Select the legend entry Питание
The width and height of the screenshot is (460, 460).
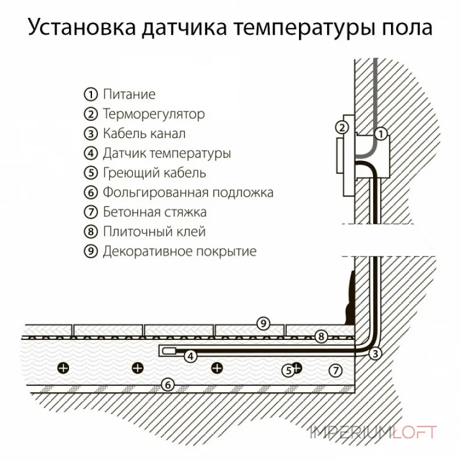[x=129, y=94]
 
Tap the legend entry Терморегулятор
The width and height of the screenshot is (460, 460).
[x=153, y=114]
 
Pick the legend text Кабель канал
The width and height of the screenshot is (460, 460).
[x=144, y=134]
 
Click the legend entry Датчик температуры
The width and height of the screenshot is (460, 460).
[x=167, y=154]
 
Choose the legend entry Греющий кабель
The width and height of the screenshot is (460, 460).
[x=154, y=172]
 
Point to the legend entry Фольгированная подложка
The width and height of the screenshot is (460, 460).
[x=187, y=192]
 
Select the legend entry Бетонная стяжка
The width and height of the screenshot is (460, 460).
[x=154, y=212]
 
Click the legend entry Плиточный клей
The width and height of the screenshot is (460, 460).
[x=154, y=232]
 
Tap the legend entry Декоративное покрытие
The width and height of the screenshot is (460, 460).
[x=179, y=251]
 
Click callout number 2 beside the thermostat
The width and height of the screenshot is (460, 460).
[x=342, y=128]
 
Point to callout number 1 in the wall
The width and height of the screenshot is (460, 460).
[x=380, y=135]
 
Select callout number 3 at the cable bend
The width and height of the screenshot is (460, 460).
[x=375, y=354]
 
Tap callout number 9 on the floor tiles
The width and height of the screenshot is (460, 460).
[x=263, y=324]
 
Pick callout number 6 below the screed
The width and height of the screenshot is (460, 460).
[x=167, y=385]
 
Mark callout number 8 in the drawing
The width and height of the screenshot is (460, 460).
[x=321, y=335]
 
